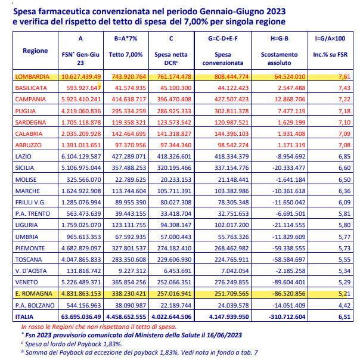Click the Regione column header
(x=35, y=51)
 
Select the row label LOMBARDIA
(x=32, y=77)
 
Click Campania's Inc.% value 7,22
(x=344, y=99)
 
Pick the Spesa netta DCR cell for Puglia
(x=174, y=111)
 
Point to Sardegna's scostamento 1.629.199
(x=291, y=122)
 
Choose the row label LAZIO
(x=23, y=157)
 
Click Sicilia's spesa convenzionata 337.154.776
(x=231, y=168)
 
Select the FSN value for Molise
(x=83, y=179)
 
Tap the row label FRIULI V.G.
(x=30, y=203)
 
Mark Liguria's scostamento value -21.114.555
(x=288, y=225)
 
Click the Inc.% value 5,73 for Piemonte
(x=344, y=248)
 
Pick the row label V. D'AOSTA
(x=31, y=271)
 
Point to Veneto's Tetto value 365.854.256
(x=129, y=282)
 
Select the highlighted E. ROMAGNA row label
(x=33, y=294)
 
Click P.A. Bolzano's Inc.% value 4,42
(x=344, y=305)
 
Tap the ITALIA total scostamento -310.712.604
(x=287, y=317)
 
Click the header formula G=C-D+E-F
(x=223, y=39)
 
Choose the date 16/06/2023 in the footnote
(x=224, y=335)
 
